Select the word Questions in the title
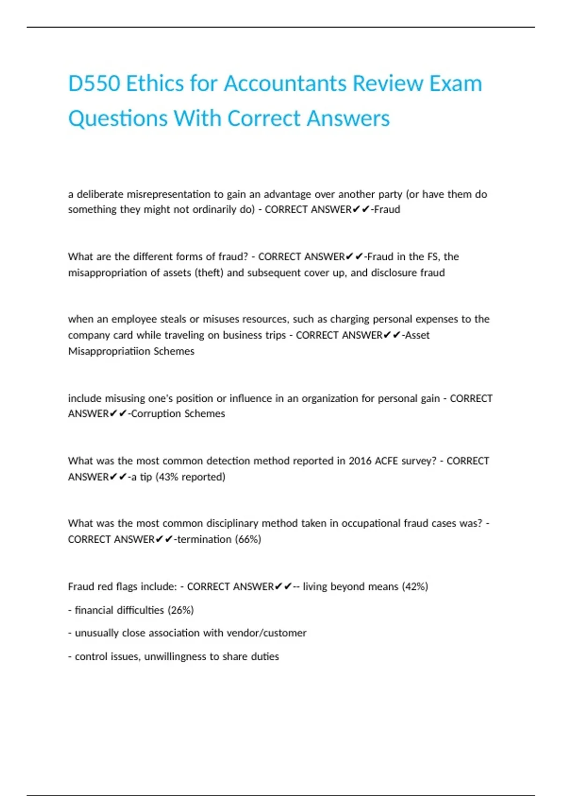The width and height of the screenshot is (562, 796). (118, 118)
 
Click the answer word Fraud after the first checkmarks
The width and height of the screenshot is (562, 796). (387, 210)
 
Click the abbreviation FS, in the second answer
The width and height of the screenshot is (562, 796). (433, 257)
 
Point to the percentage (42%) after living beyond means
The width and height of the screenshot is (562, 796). (415, 587)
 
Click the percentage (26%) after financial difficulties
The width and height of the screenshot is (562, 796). (180, 610)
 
